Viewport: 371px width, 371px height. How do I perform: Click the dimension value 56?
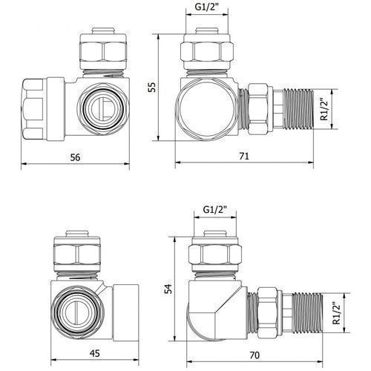75,157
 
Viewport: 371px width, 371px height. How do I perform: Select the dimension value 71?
244,157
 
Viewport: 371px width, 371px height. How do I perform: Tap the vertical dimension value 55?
152,87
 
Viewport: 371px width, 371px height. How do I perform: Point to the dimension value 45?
94,353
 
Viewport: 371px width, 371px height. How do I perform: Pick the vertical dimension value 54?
168,289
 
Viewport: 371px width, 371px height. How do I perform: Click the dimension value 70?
255,355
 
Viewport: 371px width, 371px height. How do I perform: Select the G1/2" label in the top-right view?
207,7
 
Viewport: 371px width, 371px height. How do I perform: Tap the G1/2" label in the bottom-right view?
215,210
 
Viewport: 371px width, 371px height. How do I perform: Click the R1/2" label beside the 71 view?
324,109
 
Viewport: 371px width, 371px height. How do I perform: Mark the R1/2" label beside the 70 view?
337,312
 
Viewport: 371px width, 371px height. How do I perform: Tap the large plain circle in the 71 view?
207,109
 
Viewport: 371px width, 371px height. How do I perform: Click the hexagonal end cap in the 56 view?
33,109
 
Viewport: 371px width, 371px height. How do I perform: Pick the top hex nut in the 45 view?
77,255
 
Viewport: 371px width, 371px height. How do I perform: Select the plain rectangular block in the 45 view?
125,312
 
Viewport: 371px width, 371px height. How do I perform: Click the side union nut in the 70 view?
266,312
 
